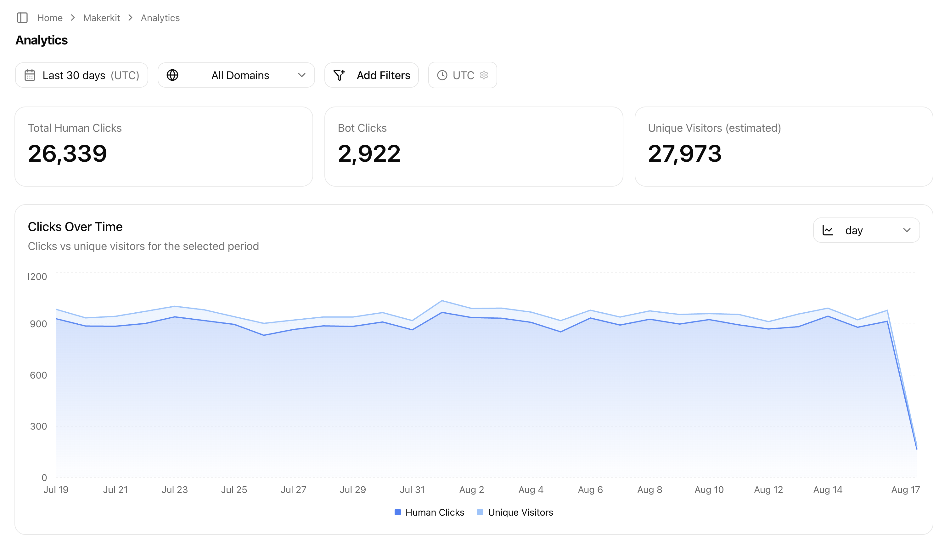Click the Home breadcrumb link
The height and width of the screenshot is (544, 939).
pos(50,18)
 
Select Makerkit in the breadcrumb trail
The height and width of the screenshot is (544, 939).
pos(101,18)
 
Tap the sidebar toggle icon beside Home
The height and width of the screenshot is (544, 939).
pos(22,18)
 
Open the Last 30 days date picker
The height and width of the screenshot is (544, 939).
pos(82,75)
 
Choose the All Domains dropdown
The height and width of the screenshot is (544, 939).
pos(236,75)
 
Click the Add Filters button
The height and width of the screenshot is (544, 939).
pos(372,75)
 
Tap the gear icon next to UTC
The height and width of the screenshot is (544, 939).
pos(484,75)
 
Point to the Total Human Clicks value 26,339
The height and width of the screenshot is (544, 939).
pos(67,153)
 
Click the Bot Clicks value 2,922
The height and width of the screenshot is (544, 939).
pos(369,153)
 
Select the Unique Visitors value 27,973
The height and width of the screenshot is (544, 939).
pos(685,153)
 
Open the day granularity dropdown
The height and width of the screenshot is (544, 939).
pos(866,230)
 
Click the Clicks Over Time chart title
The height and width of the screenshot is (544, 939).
pos(75,227)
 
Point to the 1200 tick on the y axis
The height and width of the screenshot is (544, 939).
pos(37,276)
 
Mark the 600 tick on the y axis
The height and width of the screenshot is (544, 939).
pos(38,375)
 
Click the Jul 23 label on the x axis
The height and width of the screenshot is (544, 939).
pos(175,489)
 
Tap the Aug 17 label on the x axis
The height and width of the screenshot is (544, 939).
pos(905,489)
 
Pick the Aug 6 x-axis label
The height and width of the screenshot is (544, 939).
pos(590,489)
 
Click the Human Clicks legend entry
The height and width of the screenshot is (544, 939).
pos(430,512)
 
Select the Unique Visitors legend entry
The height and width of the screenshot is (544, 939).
pos(515,512)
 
